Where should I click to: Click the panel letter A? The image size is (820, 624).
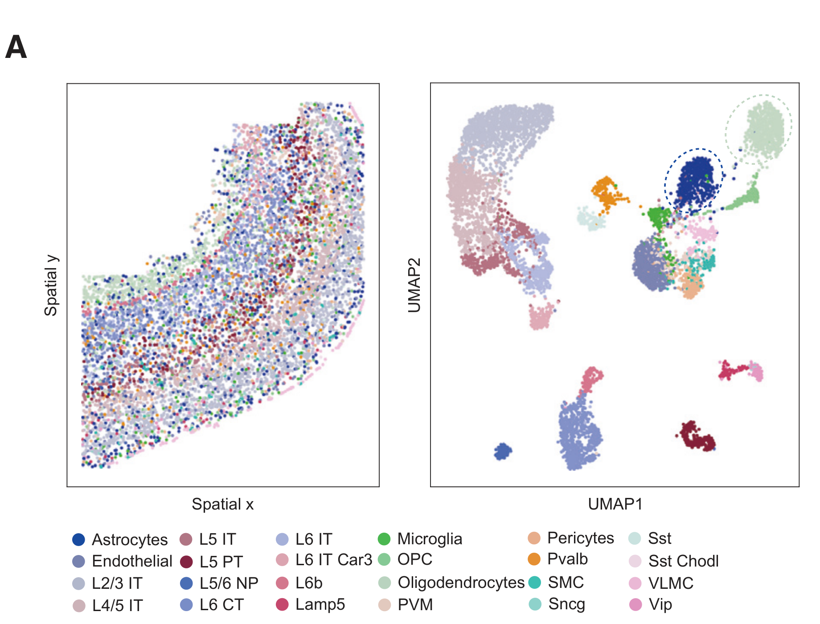click(16, 47)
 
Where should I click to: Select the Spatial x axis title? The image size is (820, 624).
click(222, 504)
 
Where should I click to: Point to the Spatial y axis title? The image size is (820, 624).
click(51, 285)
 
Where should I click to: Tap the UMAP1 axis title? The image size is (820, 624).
click(615, 504)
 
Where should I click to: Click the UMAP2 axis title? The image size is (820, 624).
click(414, 285)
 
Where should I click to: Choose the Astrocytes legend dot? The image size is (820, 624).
click(78, 539)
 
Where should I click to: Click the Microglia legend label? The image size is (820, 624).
click(430, 539)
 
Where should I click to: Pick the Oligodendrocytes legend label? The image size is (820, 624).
click(461, 583)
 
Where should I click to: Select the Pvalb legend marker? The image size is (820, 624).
click(534, 559)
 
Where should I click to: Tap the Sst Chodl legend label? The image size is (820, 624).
click(683, 561)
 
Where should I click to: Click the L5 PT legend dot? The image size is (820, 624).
click(186, 562)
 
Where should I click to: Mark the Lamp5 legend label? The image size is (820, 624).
click(320, 604)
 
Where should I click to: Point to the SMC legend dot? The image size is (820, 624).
click(534, 582)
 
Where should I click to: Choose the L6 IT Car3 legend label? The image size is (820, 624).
click(333, 560)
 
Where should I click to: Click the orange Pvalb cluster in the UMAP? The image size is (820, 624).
click(607, 192)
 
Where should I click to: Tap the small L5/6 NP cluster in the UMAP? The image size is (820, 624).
click(503, 451)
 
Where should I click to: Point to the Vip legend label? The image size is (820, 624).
click(660, 604)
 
